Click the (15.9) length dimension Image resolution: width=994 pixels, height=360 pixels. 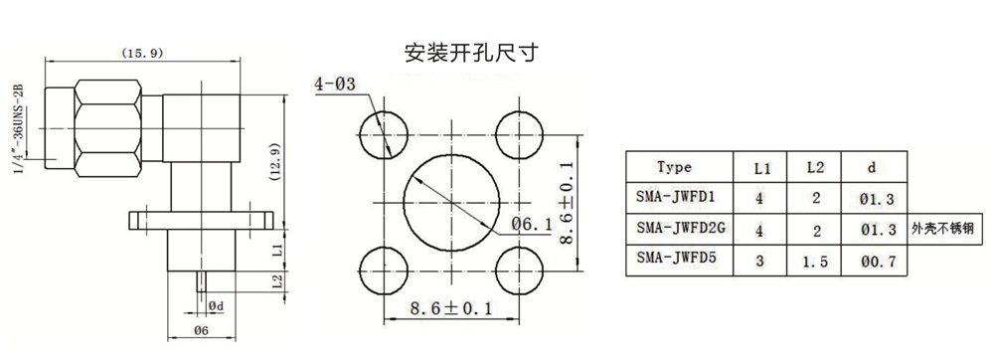tap(142, 54)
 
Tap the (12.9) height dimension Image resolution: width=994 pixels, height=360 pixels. tap(275, 162)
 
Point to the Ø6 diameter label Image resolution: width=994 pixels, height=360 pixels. tap(202, 329)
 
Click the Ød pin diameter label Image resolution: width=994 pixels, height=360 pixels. tap(216, 306)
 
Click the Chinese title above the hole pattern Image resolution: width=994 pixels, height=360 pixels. tap(471, 53)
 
